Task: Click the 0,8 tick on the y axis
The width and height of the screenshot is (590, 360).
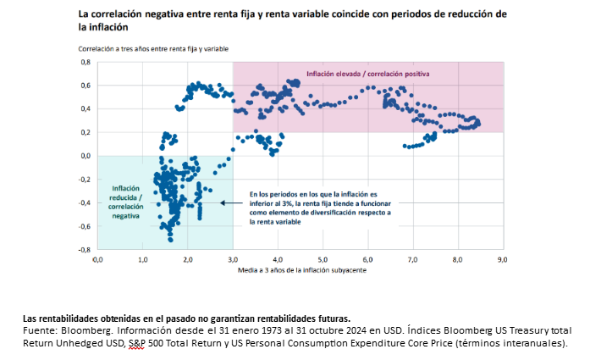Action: (85, 62)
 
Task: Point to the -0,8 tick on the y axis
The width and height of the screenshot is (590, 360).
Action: (84, 250)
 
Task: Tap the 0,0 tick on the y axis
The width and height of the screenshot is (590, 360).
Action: (85, 156)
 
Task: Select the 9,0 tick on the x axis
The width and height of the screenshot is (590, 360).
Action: (502, 260)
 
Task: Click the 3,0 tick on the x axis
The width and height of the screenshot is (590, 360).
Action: (232, 260)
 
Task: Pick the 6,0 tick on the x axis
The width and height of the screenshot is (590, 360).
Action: (367, 260)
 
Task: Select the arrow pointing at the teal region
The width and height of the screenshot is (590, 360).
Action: (230, 202)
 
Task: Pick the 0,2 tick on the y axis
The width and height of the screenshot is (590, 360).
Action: (85, 132)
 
